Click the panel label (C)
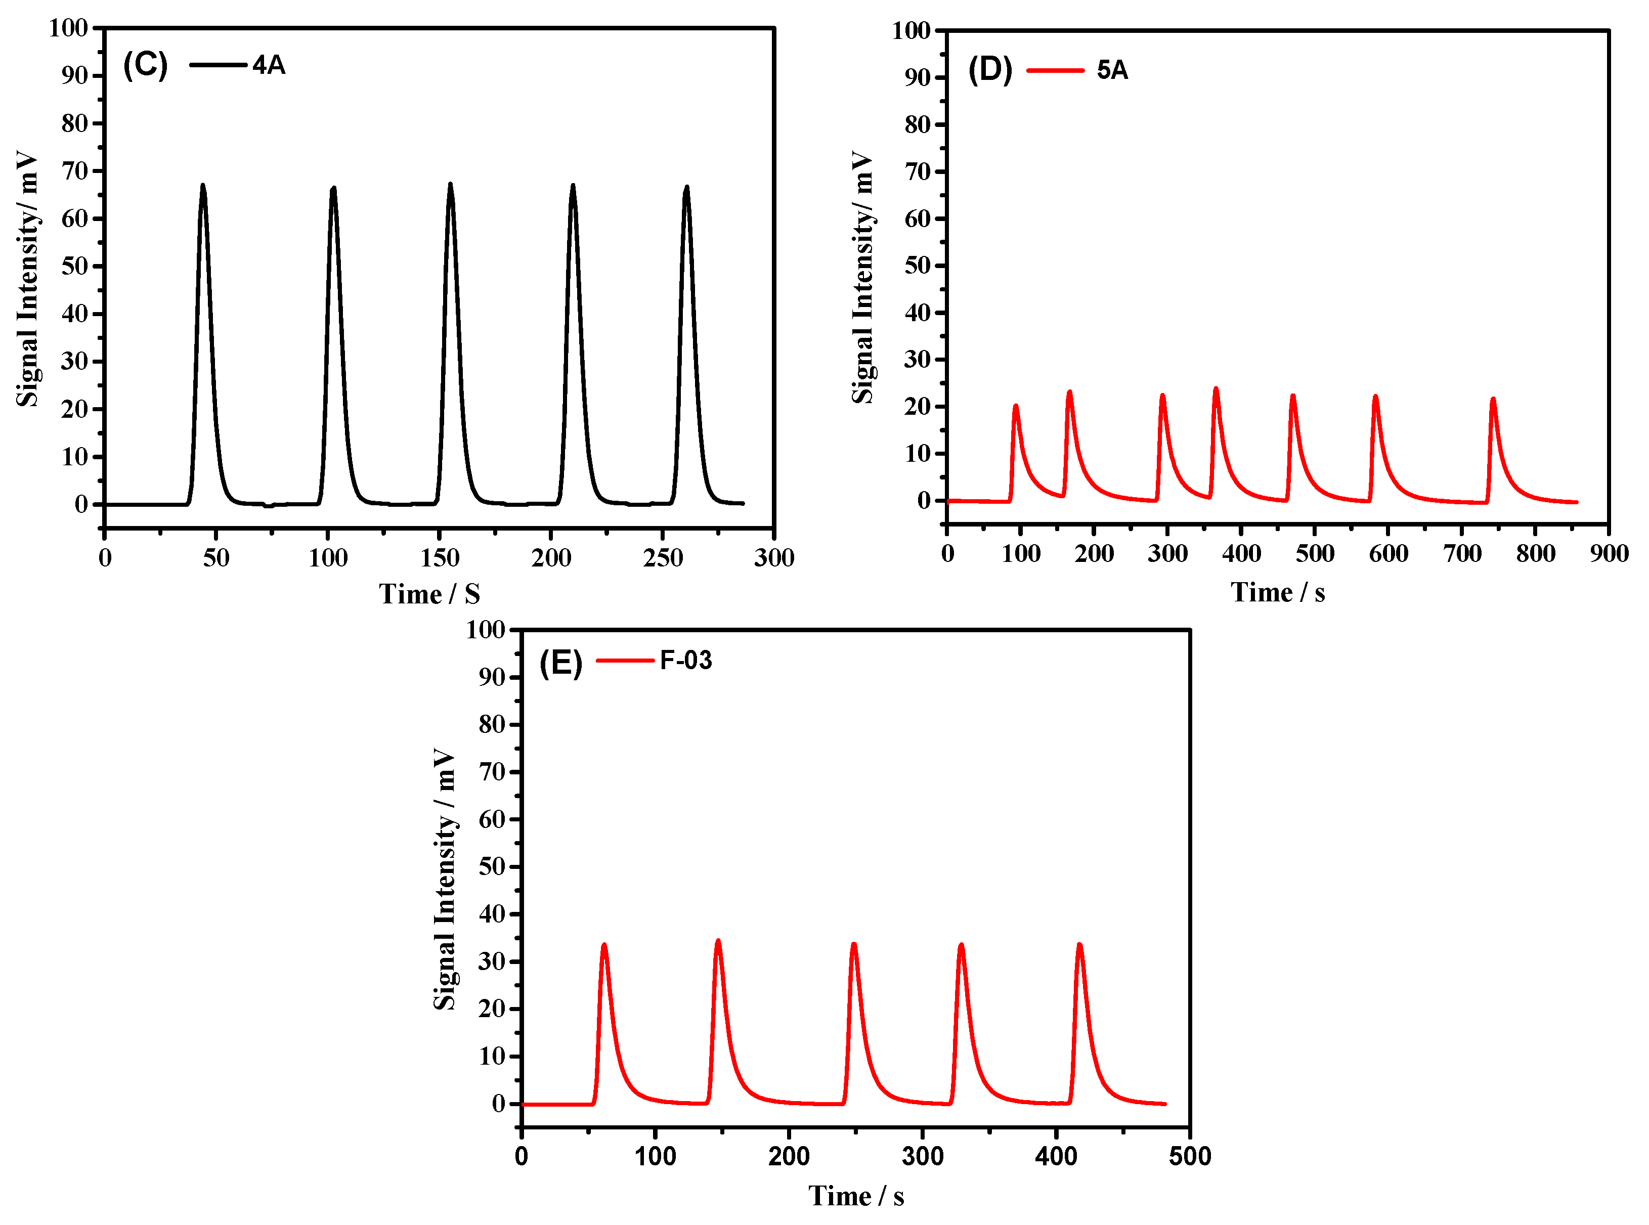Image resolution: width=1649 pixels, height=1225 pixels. click(145, 65)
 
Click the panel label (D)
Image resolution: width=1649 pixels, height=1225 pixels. click(990, 70)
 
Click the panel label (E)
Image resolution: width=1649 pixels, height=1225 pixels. click(560, 662)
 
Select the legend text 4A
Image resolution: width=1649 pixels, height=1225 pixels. click(269, 65)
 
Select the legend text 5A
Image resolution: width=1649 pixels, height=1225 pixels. click(1112, 70)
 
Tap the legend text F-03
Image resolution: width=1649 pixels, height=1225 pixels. click(686, 660)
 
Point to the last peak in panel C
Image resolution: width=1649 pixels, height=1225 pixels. click(686, 188)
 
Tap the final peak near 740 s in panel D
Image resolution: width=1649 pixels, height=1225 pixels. click(1493, 400)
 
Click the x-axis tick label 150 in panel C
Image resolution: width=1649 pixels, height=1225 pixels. click(439, 558)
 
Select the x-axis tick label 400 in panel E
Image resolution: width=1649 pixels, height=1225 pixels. click(1056, 1156)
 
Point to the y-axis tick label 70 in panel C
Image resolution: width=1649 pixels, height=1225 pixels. click(75, 171)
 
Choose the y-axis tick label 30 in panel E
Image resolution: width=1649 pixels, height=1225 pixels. click(492, 962)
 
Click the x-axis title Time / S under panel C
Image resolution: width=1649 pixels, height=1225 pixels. click(429, 594)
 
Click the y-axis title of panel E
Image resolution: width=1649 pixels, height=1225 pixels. click(444, 879)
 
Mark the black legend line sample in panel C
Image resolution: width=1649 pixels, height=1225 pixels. click(217, 65)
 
